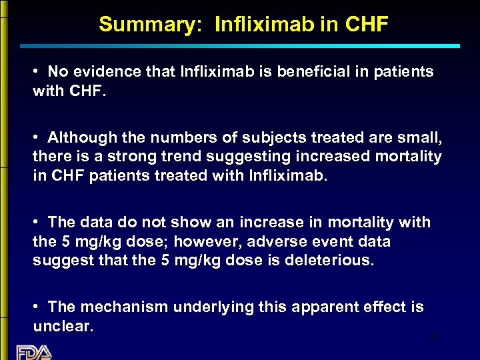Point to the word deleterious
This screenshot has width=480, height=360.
click(x=331, y=260)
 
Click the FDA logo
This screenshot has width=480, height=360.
click(x=33, y=351)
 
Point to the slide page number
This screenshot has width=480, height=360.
click(x=434, y=338)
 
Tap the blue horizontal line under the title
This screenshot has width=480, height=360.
click(x=240, y=46)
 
